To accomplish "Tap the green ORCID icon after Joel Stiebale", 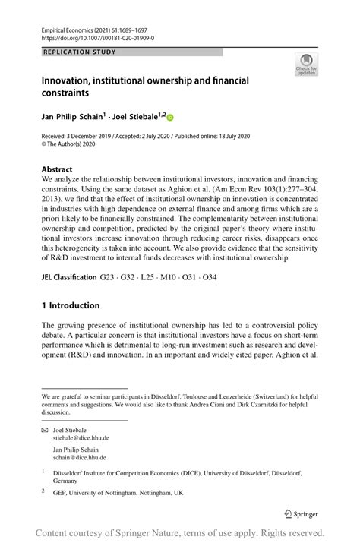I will click(x=170, y=118).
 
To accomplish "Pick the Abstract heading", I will click(x=58, y=169).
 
